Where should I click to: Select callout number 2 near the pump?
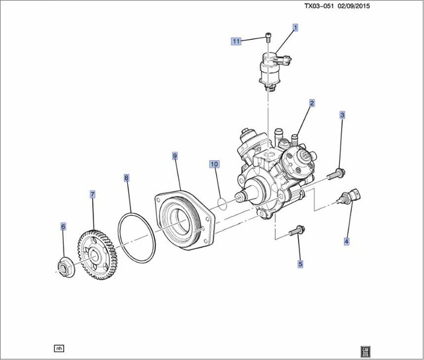tap(311, 103)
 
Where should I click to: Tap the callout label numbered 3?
tap(343, 115)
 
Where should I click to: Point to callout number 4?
tap(345, 242)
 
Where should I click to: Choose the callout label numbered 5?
tap(300, 264)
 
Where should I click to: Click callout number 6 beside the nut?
tap(64, 226)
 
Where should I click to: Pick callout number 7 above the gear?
tap(93, 195)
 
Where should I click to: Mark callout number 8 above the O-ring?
tap(127, 177)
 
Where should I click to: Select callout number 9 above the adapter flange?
tap(175, 156)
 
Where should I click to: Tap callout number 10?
tap(214, 163)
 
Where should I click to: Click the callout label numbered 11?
tap(236, 41)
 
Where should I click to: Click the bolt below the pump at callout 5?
tap(297, 231)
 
